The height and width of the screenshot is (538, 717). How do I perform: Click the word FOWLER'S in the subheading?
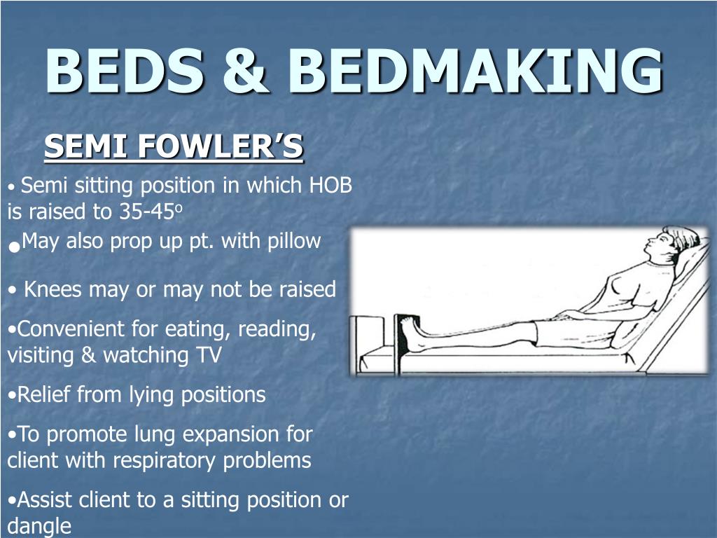click(221, 147)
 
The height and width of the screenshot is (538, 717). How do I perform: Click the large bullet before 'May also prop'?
click(13, 246)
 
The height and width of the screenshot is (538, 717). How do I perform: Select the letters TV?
click(208, 354)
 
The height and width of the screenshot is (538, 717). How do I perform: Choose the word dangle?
click(39, 525)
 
